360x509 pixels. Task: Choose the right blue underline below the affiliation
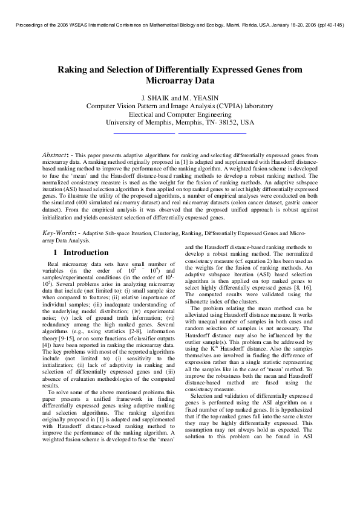pos(212,132)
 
